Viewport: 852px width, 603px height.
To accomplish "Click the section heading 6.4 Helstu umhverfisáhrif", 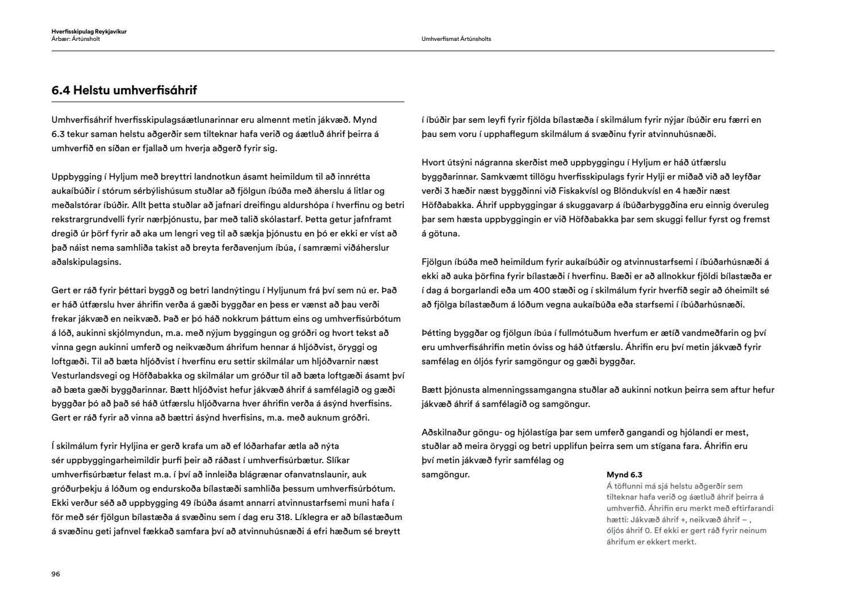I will (124, 90).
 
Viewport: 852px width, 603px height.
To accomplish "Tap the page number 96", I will (56, 574).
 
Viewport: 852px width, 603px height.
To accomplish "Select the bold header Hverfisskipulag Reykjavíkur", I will (89, 32).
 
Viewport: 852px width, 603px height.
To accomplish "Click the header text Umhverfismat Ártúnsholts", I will (457, 39).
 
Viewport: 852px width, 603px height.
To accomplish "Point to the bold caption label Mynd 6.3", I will (624, 475).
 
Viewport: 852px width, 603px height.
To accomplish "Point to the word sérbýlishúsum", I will (176, 191).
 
